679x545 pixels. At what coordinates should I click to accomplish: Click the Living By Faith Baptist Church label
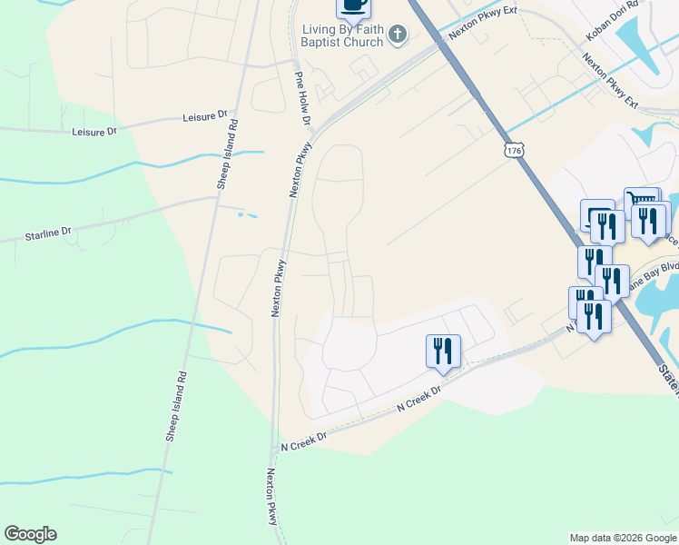[343, 35]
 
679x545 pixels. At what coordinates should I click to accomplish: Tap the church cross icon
[397, 35]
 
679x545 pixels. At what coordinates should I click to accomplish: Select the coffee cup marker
[354, 6]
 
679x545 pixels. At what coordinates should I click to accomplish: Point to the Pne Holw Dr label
[303, 99]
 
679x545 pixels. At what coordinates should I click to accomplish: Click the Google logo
[30, 534]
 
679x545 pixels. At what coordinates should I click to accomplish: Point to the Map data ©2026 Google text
[623, 538]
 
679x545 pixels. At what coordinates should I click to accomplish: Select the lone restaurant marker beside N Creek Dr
[443, 351]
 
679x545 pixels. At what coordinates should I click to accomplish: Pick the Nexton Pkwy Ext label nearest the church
[475, 30]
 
